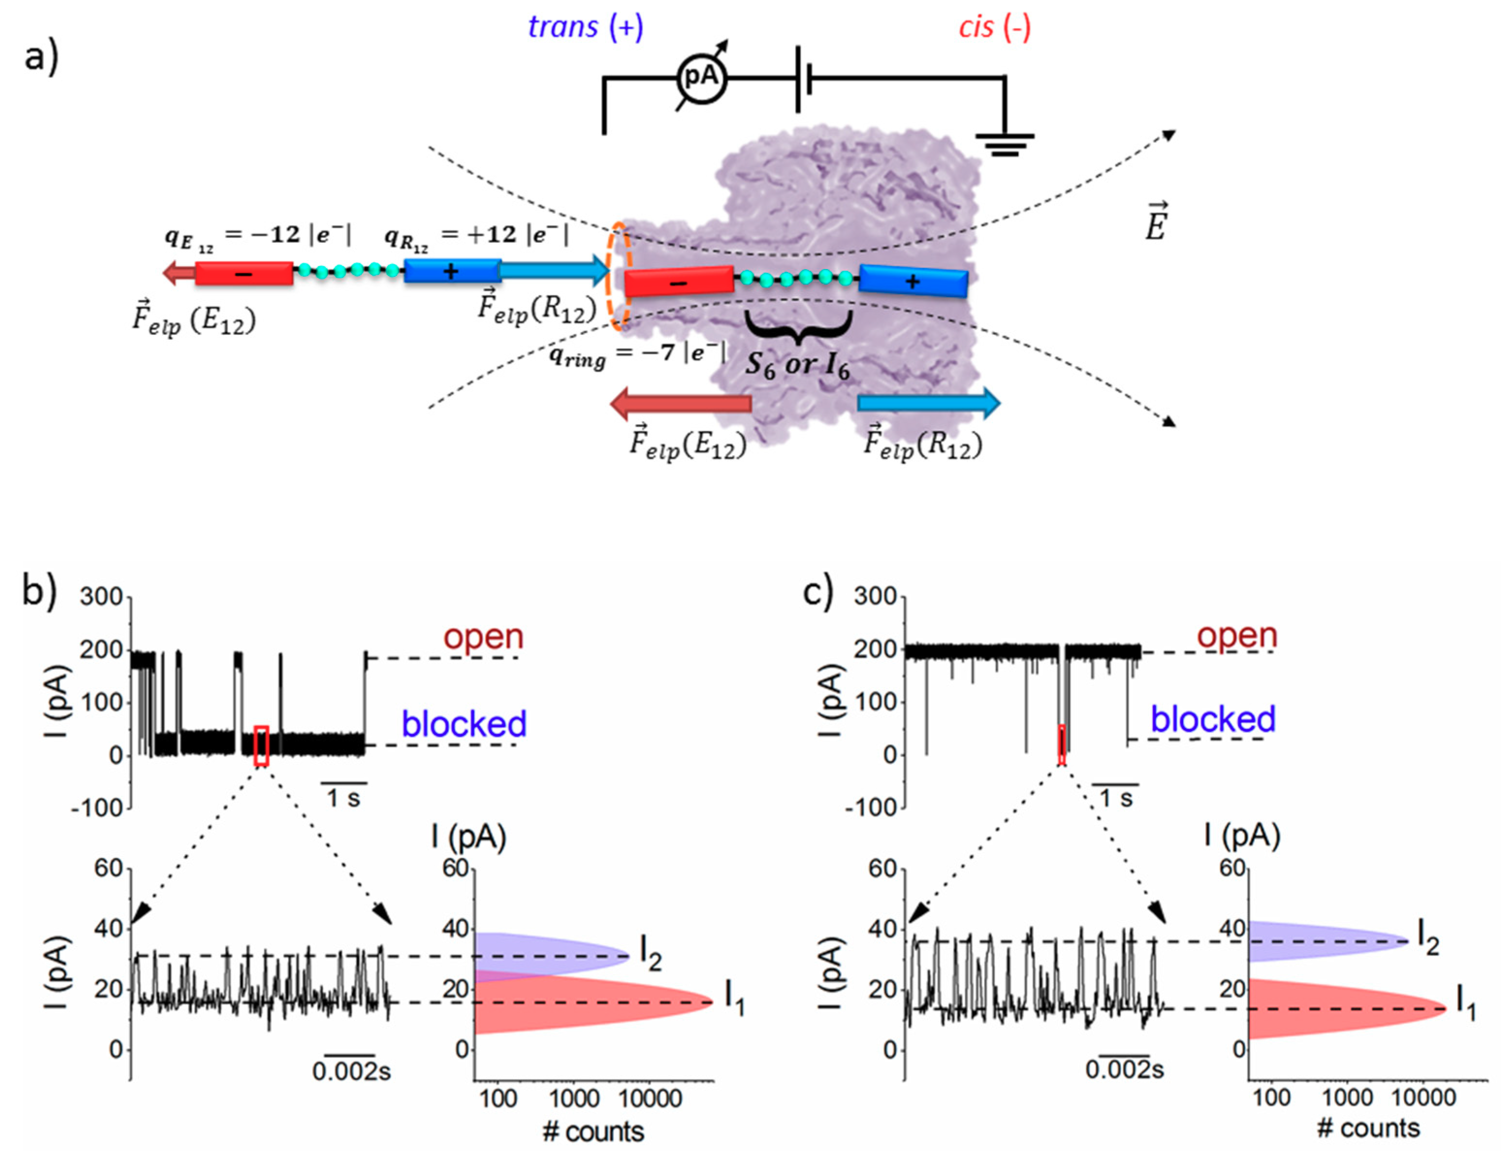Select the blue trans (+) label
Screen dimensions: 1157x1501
[585, 28]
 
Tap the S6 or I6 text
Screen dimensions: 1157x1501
[798, 365]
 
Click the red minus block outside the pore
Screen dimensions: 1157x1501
[244, 273]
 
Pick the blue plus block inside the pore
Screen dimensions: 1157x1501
[914, 281]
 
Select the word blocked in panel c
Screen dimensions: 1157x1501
[1213, 719]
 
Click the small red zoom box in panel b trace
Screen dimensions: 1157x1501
[261, 745]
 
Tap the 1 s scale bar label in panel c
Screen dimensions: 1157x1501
[1117, 798]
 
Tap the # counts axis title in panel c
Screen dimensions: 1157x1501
[1368, 1129]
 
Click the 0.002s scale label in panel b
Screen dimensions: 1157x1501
[351, 1071]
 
